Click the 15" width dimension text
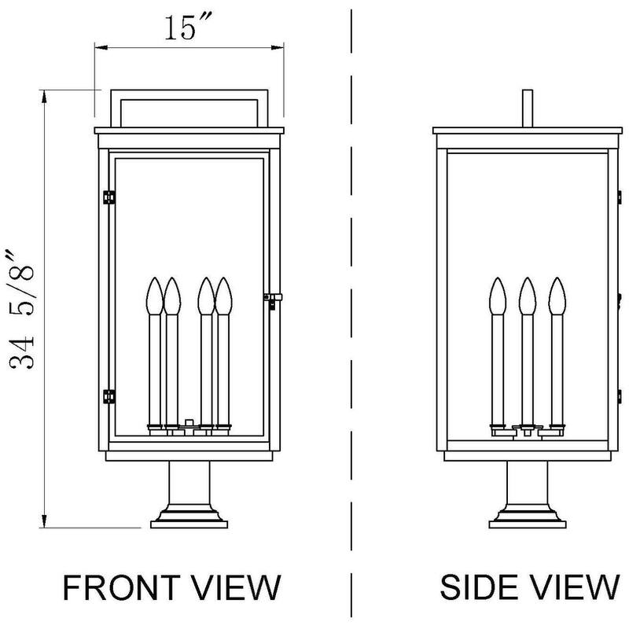pos(186,28)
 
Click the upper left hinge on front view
pos(109,195)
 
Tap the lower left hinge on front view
pos(109,394)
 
